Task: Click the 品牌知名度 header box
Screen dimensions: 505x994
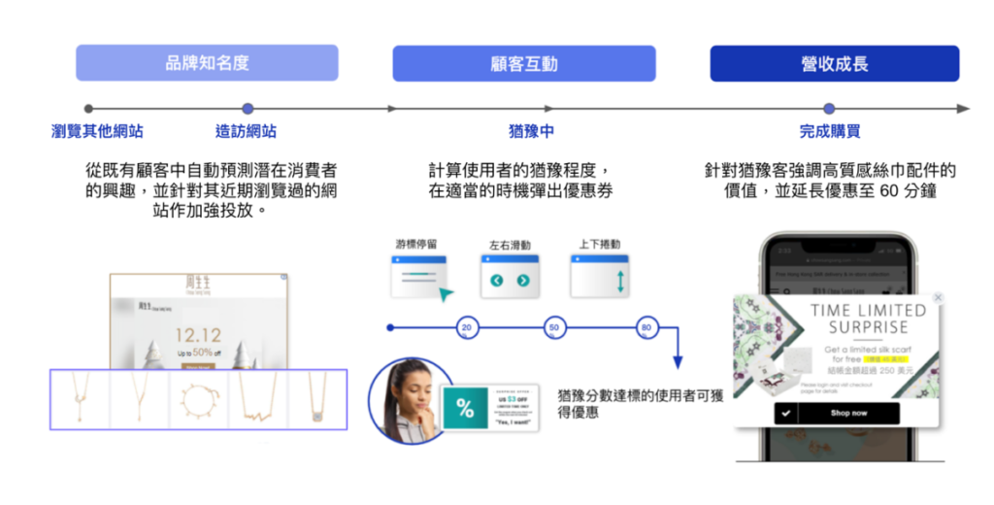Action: coord(207,63)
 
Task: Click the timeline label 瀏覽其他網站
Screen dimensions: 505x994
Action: coord(97,131)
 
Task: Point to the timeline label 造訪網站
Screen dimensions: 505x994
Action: coord(246,131)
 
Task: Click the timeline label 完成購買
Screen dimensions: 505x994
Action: coord(829,131)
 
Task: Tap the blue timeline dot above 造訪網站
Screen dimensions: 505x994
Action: coord(248,109)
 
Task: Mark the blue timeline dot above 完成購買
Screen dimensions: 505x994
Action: coord(829,109)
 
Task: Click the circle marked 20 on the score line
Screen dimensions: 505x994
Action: coord(467,328)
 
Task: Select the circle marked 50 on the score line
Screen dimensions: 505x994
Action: coord(554,328)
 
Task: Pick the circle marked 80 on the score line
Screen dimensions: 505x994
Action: coord(646,328)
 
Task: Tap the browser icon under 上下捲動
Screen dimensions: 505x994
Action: coord(600,276)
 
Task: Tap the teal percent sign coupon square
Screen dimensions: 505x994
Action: coord(466,409)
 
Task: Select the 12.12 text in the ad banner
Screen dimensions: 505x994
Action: coord(197,336)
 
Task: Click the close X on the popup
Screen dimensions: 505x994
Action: coord(938,298)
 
